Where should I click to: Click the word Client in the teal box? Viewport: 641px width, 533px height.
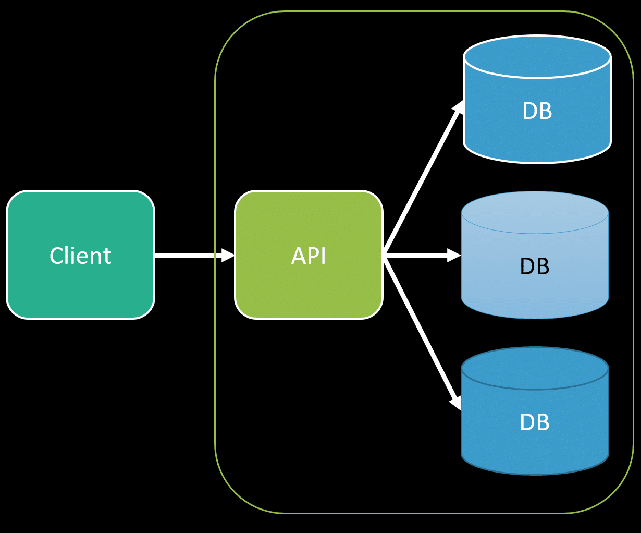(80, 256)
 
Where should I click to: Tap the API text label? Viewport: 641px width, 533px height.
(309, 256)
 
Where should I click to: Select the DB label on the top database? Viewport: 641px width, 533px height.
(537, 111)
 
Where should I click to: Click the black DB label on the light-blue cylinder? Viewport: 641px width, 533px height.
(535, 266)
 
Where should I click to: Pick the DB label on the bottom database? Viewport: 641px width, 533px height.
(535, 422)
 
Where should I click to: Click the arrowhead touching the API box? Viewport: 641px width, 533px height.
(228, 255)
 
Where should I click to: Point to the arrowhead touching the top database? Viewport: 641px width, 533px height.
(458, 106)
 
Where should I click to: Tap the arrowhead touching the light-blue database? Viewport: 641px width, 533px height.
(454, 255)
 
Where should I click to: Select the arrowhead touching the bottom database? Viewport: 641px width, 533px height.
(456, 403)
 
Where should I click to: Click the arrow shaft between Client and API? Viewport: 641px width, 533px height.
(188, 255)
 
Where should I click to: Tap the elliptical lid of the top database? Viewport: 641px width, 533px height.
(537, 56)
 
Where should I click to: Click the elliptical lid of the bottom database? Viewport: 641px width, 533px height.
(535, 368)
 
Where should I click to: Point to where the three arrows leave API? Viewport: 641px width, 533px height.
(384, 255)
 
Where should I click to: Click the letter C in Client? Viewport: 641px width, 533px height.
(55, 256)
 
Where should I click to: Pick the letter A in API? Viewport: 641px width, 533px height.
(298, 256)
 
